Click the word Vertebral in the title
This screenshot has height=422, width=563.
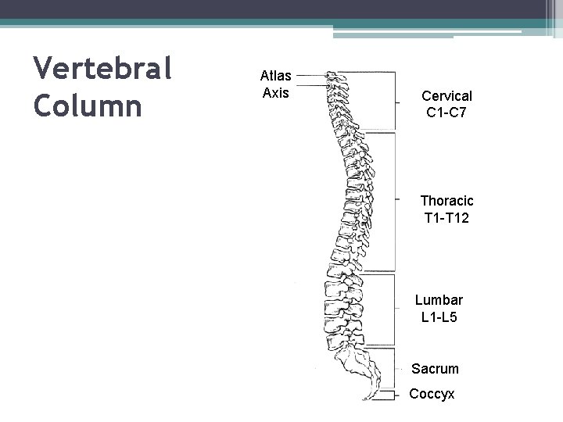(x=102, y=70)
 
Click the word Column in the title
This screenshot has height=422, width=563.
(x=88, y=105)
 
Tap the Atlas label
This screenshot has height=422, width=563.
(x=275, y=76)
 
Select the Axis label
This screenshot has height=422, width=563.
(x=275, y=93)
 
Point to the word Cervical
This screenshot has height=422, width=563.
(x=446, y=95)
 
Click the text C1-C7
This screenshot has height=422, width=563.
(x=446, y=113)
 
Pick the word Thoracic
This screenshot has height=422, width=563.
(x=446, y=201)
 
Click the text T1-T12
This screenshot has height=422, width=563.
(x=446, y=218)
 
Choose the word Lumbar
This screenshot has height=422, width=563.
(x=439, y=300)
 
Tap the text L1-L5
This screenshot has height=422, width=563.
(x=439, y=317)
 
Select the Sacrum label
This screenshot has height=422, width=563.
(x=435, y=368)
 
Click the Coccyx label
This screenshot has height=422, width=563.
(x=432, y=394)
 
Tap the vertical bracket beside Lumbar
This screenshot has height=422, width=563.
(x=394, y=308)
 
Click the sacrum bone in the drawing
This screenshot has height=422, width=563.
(x=356, y=363)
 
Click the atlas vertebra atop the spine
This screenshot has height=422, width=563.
(x=335, y=76)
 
